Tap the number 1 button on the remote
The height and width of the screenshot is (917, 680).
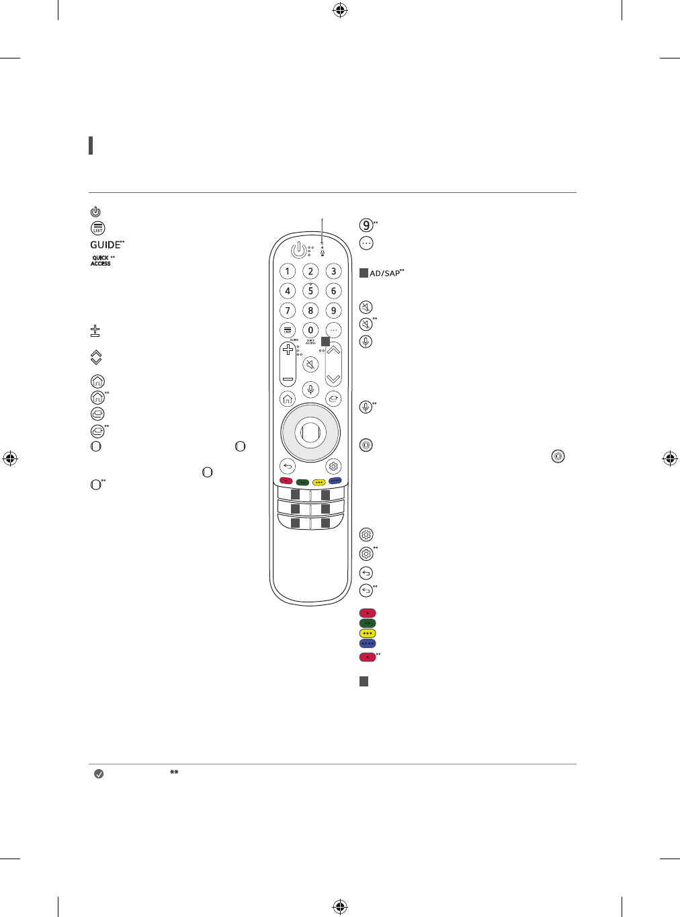pos(288,272)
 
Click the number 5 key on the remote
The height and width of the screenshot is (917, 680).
pos(310,291)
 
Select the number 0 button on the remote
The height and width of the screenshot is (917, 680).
pos(310,330)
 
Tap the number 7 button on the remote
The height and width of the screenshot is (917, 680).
pos(288,311)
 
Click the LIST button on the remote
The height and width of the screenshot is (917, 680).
pos(288,330)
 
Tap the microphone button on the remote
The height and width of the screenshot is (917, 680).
pos(310,389)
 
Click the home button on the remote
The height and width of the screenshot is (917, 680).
pos(288,399)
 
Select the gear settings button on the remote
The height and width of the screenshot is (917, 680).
pos(333,467)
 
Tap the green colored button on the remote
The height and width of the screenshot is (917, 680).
pos(302,481)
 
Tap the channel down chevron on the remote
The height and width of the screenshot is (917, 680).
pos(333,379)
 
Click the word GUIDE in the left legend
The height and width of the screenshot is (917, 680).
pos(105,245)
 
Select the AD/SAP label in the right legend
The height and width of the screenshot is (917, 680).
pos(384,274)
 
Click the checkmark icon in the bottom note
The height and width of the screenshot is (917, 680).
pos(99,774)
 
